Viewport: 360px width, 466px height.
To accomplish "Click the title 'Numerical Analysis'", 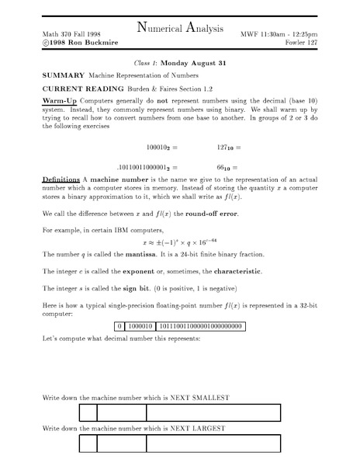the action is [x=179, y=30].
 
